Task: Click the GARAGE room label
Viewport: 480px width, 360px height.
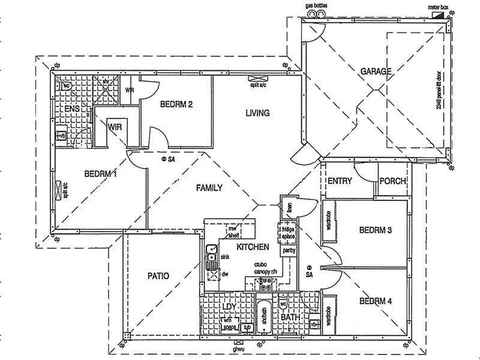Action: coord(376,71)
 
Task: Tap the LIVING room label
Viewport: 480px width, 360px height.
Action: coord(257,113)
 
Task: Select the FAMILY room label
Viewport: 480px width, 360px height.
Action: coord(209,188)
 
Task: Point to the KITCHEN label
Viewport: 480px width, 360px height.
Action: coord(252,247)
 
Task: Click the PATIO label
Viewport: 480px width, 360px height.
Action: coord(158,276)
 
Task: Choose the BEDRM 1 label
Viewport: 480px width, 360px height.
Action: coord(100,174)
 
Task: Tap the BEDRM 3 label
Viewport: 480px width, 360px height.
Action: coord(376,230)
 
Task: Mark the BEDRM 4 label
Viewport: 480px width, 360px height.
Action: coord(376,302)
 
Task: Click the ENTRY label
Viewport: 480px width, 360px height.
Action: coord(340,181)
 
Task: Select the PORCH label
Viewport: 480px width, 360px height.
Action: coord(394,181)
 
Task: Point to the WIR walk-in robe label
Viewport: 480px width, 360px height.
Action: coord(115,127)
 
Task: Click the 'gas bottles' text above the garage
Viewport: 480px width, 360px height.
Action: coord(317,5)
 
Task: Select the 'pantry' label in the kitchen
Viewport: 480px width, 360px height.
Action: coord(289,250)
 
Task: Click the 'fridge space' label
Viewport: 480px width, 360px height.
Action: coord(289,233)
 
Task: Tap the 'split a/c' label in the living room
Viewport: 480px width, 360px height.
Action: coord(262,86)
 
